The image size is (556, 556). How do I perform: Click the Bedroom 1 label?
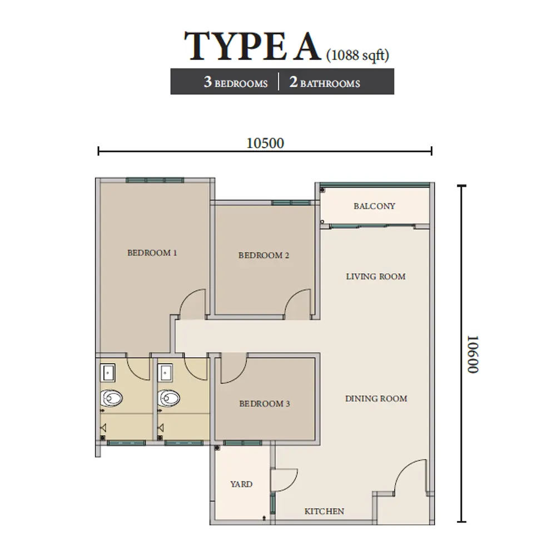point(152,253)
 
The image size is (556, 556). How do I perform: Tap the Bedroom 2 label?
point(264,256)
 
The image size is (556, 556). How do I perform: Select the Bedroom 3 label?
point(265,404)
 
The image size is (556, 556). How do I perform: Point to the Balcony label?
point(374,206)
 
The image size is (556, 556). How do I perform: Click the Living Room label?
point(376,276)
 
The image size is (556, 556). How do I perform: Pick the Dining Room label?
point(376,399)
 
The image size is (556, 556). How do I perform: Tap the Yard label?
point(241,484)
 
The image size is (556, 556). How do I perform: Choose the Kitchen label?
point(324,512)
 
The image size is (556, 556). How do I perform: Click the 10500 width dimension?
point(265,143)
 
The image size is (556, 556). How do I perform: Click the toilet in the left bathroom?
point(111,398)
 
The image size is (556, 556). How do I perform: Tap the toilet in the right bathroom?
point(169,398)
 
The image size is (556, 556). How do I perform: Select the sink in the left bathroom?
point(108,371)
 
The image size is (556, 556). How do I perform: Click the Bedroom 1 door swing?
point(193,306)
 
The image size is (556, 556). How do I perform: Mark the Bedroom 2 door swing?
point(298,306)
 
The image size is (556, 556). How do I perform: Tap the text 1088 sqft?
point(358,55)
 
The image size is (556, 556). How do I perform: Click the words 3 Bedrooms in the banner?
point(235,83)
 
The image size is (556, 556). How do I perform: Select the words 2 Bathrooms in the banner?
point(325,83)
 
